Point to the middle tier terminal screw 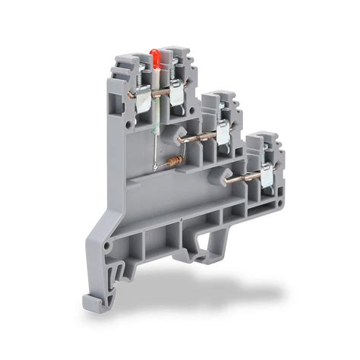coord(225,110)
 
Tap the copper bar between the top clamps coord(158,93)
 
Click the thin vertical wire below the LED coord(156,137)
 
